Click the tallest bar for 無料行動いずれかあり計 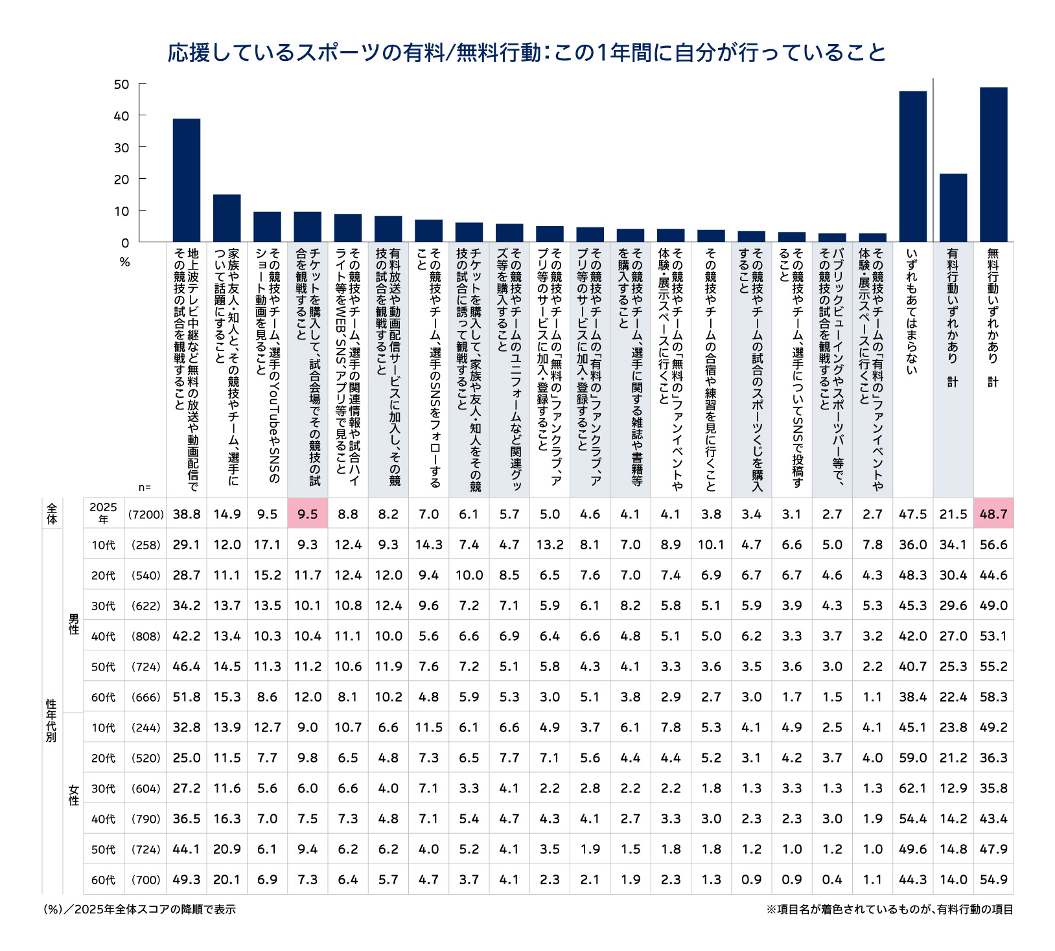tap(993, 165)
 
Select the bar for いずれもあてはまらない tap(912, 166)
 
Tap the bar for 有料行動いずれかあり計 tap(953, 208)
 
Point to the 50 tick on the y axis tap(122, 84)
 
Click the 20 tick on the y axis tap(122, 179)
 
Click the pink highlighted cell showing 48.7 tap(993, 514)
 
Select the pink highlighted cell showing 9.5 tap(308, 514)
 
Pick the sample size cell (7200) tap(146, 514)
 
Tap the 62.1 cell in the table tap(912, 788)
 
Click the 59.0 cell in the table tap(912, 758)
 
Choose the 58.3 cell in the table tap(993, 697)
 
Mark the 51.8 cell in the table tap(187, 697)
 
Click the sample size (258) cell tap(146, 545)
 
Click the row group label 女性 tap(74, 795)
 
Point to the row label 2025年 tap(104, 514)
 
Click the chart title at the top tap(527, 52)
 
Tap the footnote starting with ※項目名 tap(889, 910)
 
